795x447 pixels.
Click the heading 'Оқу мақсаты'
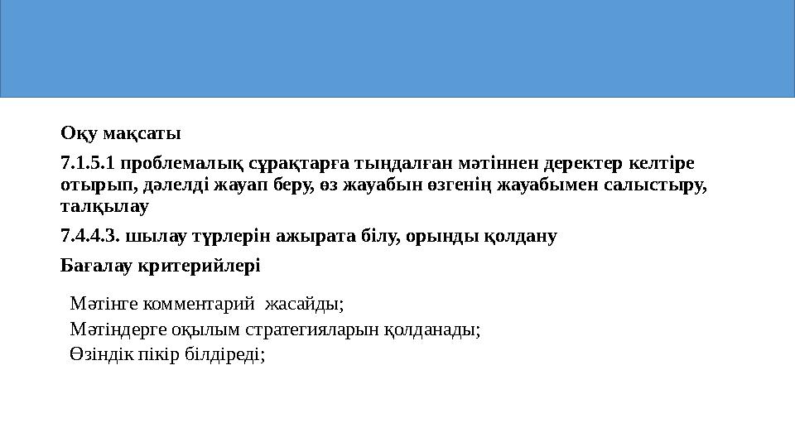[x=121, y=132]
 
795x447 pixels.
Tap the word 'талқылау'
[x=105, y=204]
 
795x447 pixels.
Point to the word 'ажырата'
[x=307, y=236]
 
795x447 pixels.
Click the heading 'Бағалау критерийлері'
[x=161, y=266]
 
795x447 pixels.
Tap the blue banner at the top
[x=397, y=50]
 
